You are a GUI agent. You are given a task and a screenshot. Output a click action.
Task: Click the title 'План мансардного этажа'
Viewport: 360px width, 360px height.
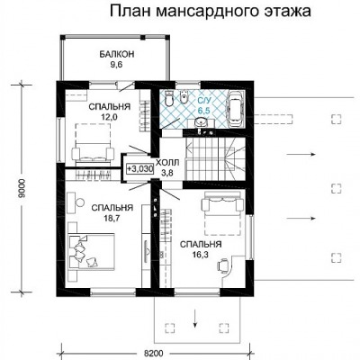click(x=211, y=11)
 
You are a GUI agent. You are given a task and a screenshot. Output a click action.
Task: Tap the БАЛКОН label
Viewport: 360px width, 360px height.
click(x=117, y=54)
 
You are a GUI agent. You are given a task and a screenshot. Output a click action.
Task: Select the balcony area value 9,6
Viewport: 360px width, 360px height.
click(x=117, y=65)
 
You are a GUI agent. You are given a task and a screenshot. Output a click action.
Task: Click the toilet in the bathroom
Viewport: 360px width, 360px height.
click(x=169, y=98)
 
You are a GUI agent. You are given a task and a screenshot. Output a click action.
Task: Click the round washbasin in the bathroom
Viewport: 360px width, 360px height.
click(x=200, y=122)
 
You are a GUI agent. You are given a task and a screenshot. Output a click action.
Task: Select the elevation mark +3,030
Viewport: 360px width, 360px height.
click(x=140, y=169)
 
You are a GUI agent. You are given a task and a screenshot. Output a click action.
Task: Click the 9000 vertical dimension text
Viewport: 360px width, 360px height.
click(x=21, y=188)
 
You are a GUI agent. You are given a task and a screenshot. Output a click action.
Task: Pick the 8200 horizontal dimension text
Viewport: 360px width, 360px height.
click(x=154, y=354)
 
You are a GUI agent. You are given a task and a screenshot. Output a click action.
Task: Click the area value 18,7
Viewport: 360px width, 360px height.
click(x=112, y=218)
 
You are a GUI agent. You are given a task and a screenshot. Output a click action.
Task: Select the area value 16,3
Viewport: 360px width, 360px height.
click(x=201, y=255)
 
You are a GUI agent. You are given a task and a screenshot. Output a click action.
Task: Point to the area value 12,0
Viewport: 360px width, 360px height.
click(x=109, y=117)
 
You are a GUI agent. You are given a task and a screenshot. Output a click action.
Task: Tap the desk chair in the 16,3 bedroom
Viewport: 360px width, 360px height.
click(x=222, y=265)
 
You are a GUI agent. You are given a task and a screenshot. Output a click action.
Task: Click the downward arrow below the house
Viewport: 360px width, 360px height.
click(x=195, y=319)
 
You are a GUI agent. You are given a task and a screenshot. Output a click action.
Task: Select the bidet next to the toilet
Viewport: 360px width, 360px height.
click(x=184, y=96)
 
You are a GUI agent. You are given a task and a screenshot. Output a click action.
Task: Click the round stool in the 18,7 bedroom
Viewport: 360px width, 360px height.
click(x=80, y=202)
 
